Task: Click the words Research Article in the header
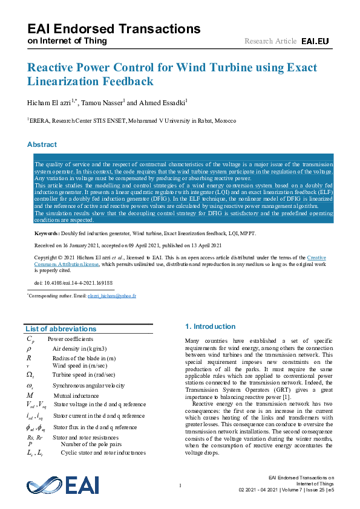[x=270, y=41]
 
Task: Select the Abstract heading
[x=42, y=144]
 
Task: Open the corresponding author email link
[x=112, y=296]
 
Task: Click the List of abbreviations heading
[x=61, y=329]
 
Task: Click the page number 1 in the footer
[x=180, y=485]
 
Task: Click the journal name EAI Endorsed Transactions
[x=114, y=28]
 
